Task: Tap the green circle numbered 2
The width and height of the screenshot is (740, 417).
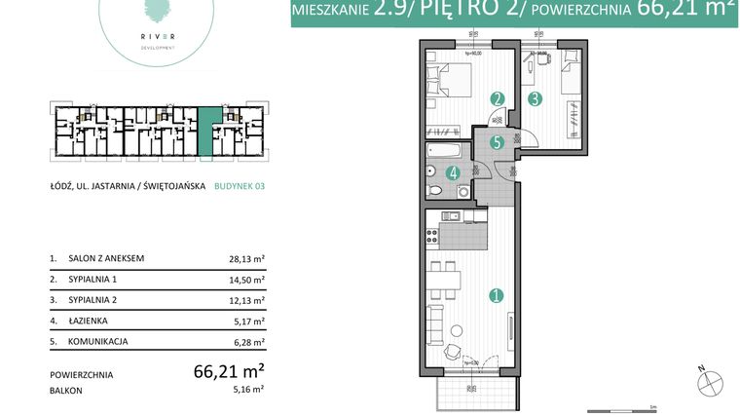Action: point(497,98)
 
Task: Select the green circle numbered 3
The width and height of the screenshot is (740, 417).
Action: point(534,98)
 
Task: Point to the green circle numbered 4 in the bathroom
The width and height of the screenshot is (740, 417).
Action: point(452,175)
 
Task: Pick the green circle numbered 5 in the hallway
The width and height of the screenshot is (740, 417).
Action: point(497,142)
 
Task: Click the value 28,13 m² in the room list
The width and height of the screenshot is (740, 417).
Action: point(247,259)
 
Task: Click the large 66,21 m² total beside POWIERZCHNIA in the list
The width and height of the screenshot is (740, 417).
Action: point(230,371)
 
